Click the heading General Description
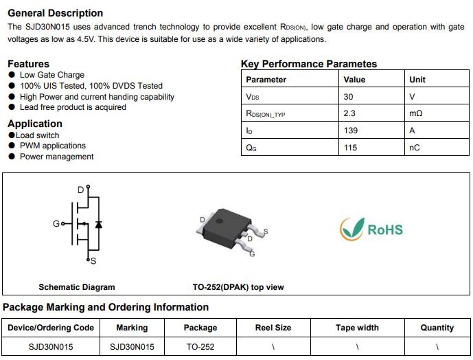pyautogui.click(x=56, y=13)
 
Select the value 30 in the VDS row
pyautogui.click(x=349, y=97)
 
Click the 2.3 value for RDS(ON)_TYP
pyautogui.click(x=349, y=113)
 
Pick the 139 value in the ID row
pyautogui.click(x=351, y=130)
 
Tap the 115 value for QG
pyautogui.click(x=351, y=147)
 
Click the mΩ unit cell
pyautogui.click(x=415, y=113)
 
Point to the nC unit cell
pyautogui.click(x=414, y=147)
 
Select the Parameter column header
pyautogui.click(x=266, y=80)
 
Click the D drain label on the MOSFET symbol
pyautogui.click(x=80, y=189)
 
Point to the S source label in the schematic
pyautogui.click(x=93, y=262)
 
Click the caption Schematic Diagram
pyautogui.click(x=77, y=287)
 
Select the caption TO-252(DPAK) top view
pyautogui.click(x=238, y=287)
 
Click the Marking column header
pyautogui.click(x=132, y=328)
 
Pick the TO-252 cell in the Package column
pyautogui.click(x=201, y=347)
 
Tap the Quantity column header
pyautogui.click(x=437, y=328)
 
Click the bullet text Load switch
pyautogui.click(x=38, y=135)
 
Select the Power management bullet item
pyautogui.click(x=56, y=157)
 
